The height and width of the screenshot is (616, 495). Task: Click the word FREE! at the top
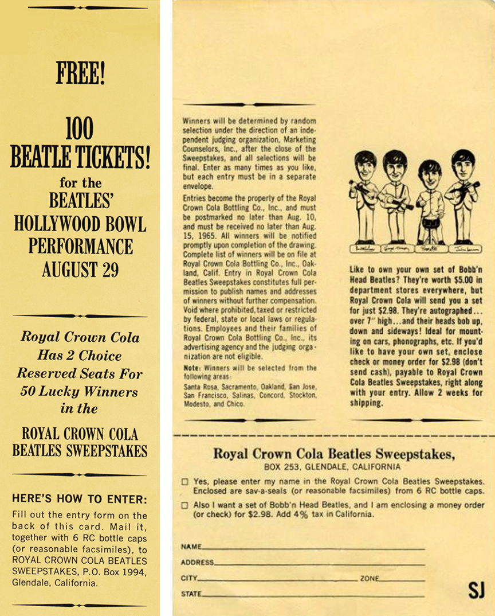(80, 73)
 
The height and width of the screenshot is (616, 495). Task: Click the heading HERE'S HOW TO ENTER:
(80, 499)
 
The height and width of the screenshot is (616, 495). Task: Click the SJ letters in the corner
(476, 590)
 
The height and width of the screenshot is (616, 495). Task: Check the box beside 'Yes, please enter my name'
(185, 482)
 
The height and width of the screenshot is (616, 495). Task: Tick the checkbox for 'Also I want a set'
(185, 505)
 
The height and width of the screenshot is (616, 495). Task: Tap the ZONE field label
(370, 579)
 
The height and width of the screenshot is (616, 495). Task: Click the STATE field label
(191, 594)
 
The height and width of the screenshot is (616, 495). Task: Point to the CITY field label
(188, 579)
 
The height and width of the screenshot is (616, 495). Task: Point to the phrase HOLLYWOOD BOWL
(80, 224)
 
